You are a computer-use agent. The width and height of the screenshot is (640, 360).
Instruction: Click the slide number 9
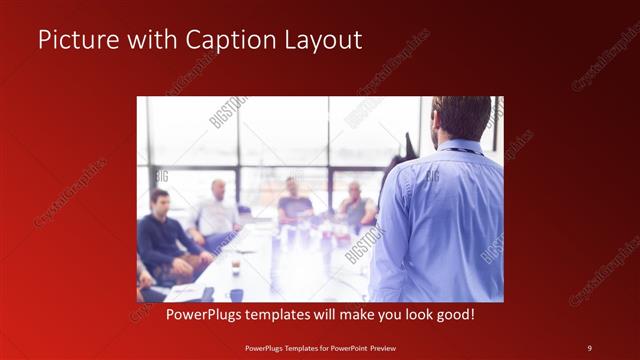589,348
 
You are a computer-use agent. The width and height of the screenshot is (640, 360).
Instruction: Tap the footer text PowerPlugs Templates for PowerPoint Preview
320,348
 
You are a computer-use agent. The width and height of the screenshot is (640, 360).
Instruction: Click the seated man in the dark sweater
163,240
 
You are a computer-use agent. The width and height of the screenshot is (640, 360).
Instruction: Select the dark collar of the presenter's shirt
462,149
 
